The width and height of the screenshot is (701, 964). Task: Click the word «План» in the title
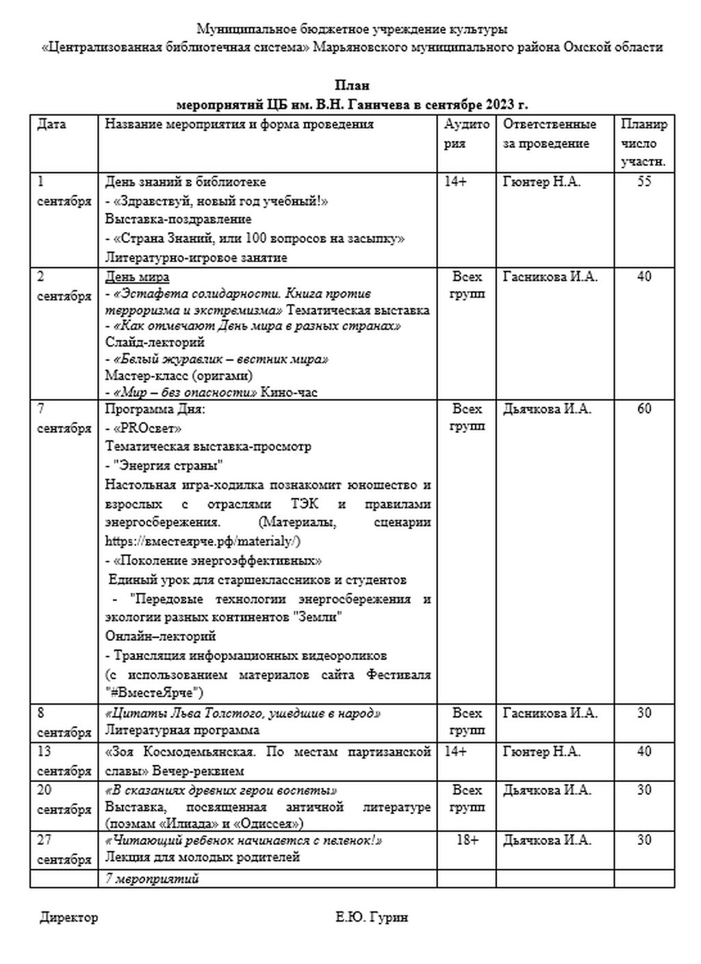pyautogui.click(x=352, y=86)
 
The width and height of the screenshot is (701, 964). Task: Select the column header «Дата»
pyautogui.click(x=51, y=125)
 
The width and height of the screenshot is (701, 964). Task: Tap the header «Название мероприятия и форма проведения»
pyautogui.click(x=239, y=125)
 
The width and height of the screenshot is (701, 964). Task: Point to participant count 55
pyautogui.click(x=643, y=182)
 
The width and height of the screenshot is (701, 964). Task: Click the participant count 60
pyautogui.click(x=643, y=409)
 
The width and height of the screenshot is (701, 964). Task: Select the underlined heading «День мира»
pyautogui.click(x=137, y=277)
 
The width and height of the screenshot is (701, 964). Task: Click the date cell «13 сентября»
pyautogui.click(x=64, y=761)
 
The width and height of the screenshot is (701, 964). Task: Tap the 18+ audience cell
pyautogui.click(x=467, y=840)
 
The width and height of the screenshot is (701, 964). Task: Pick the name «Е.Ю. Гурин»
pyautogui.click(x=372, y=917)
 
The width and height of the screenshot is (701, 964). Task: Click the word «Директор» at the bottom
pyautogui.click(x=68, y=917)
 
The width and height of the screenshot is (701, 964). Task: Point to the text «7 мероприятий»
pyautogui.click(x=152, y=878)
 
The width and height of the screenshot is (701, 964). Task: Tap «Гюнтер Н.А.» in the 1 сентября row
pyautogui.click(x=541, y=182)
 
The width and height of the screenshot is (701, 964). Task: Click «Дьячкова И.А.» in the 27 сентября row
pyautogui.click(x=547, y=840)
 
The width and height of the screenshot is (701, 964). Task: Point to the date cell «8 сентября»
pyautogui.click(x=64, y=722)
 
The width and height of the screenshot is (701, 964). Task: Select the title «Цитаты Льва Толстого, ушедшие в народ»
pyautogui.click(x=243, y=713)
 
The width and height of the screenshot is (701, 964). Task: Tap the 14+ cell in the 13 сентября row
pyautogui.click(x=455, y=752)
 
